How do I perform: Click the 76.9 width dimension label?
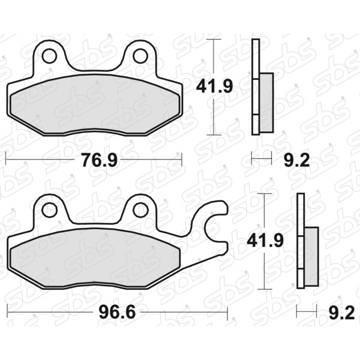tap(100, 160)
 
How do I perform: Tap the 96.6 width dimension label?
tap(117, 312)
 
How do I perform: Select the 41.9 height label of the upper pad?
tap(214, 86)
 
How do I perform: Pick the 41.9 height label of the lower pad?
tap(265, 241)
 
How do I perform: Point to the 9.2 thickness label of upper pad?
tap(296, 160)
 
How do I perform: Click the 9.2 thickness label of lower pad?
tap(341, 313)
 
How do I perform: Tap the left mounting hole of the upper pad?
tap(49, 56)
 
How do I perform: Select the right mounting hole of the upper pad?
tap(140, 56)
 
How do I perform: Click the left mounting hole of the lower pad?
tap(50, 210)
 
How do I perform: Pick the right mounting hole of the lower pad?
tap(140, 210)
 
